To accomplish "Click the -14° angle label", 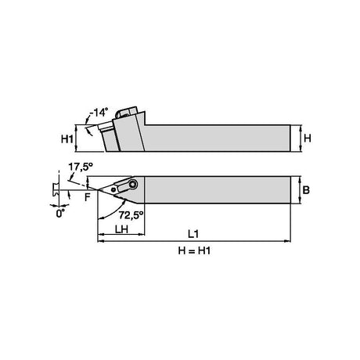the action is (x=99, y=112).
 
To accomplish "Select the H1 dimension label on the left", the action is (x=67, y=139).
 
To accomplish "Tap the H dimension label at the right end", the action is (x=308, y=138).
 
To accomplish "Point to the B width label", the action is (x=306, y=189).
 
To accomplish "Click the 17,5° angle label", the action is (x=81, y=167).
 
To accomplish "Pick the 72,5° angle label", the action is (x=131, y=215).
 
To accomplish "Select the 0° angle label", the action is (x=60, y=214).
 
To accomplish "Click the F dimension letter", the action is (x=88, y=197).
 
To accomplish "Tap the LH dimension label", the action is (x=121, y=229).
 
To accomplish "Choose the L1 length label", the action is (x=193, y=234).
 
